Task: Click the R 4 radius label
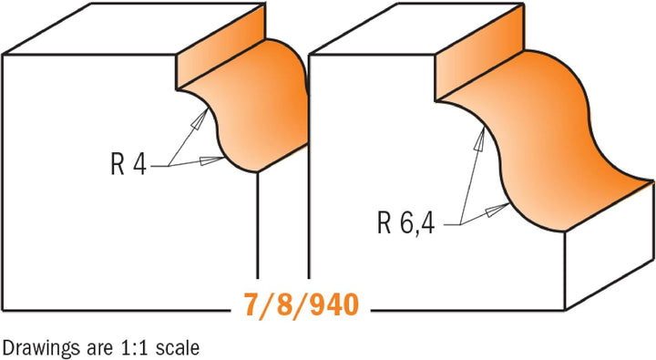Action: click(128, 166)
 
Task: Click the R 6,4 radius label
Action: click(404, 221)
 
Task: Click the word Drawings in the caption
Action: click(36, 347)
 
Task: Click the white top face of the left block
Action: click(137, 27)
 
